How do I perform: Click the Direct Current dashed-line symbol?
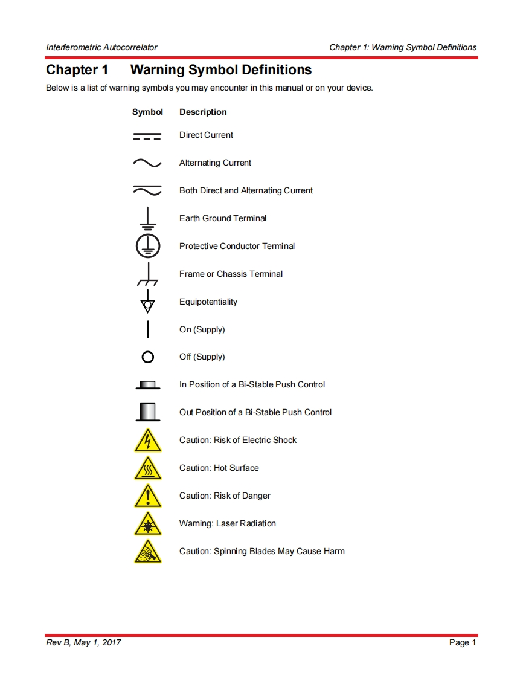(x=147, y=136)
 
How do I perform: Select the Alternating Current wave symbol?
(x=147, y=163)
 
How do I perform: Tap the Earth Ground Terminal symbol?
(x=147, y=218)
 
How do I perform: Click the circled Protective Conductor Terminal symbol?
(x=147, y=246)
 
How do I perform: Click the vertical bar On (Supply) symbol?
(x=147, y=329)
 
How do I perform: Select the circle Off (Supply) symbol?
(x=147, y=357)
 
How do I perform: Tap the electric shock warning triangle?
(x=147, y=441)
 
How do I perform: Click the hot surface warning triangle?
(x=147, y=469)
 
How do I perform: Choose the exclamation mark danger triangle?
(x=147, y=497)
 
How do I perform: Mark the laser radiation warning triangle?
(x=147, y=525)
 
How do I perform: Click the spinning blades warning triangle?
(x=147, y=552)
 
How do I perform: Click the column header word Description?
(x=203, y=112)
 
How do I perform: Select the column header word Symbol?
(x=147, y=112)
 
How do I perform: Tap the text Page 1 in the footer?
(x=463, y=642)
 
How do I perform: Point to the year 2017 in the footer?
(x=111, y=642)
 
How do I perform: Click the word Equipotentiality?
(x=208, y=302)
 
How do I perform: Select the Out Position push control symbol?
(x=147, y=412)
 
